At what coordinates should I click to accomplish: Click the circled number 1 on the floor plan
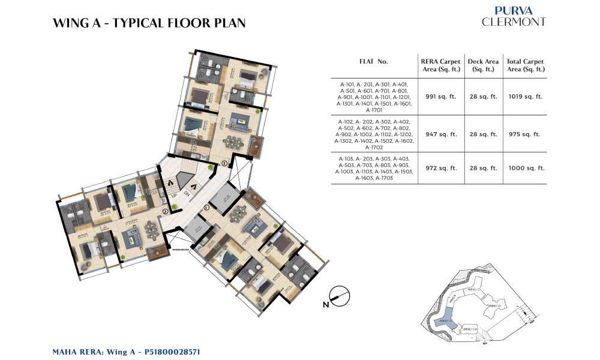click(x=206, y=207)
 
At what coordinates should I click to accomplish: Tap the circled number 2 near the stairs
click(x=165, y=211)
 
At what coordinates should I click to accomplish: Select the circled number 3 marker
click(x=224, y=163)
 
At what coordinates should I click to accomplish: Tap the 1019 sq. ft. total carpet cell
click(x=525, y=97)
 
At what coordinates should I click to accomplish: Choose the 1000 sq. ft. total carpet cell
click(x=525, y=169)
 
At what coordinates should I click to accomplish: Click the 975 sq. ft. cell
click(x=525, y=134)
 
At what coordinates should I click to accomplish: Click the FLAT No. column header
click(x=373, y=62)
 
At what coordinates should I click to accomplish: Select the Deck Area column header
click(x=483, y=65)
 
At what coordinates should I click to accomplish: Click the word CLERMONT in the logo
click(x=514, y=22)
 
